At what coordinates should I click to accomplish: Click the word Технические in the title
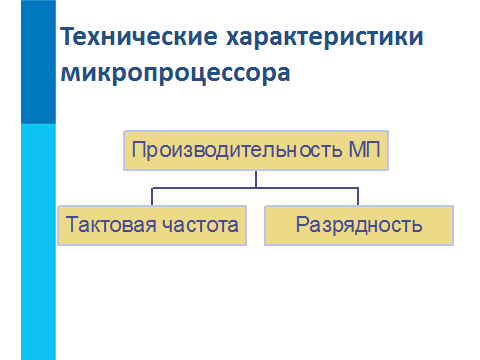[139, 36]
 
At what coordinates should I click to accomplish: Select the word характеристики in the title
[325, 38]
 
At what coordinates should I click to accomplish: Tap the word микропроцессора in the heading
[175, 74]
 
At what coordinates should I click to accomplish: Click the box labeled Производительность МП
[256, 151]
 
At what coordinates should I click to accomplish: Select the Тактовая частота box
[152, 226]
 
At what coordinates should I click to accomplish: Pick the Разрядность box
[359, 226]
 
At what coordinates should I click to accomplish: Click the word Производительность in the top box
[237, 150]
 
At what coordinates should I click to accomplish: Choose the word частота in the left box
[200, 225]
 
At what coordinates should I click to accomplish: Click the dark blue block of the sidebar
[38, 62]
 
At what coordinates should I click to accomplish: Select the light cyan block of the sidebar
[38, 242]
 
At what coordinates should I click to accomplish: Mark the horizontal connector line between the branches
[255, 188]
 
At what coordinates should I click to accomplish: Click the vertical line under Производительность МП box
[256, 179]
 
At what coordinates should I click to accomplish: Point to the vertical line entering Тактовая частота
[152, 197]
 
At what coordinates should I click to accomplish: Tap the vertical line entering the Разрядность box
[358, 197]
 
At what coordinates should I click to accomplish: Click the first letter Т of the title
[68, 36]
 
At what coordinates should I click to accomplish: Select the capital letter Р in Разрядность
[302, 224]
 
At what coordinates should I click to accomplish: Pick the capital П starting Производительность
[138, 150]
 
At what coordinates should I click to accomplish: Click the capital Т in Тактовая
[72, 224]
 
